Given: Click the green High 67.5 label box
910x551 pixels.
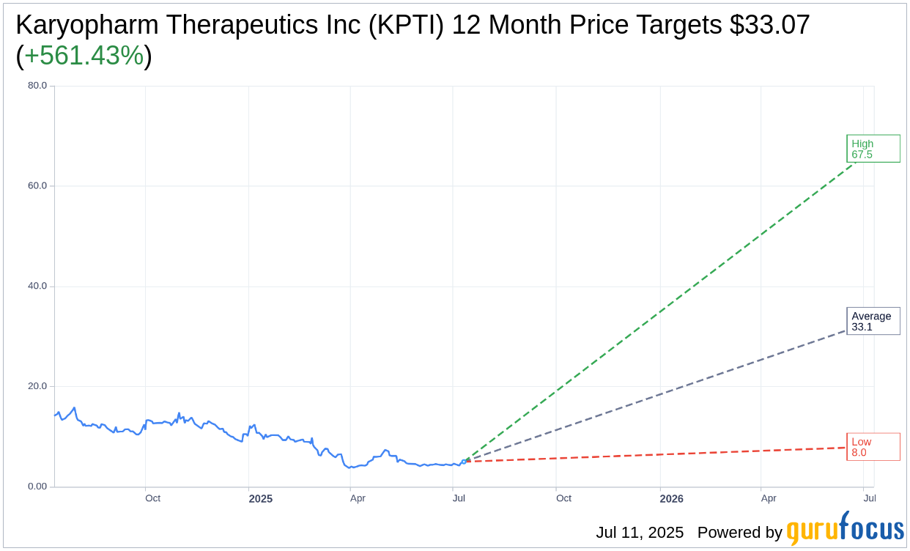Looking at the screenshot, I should (x=873, y=149).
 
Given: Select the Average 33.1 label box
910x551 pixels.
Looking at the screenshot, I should (x=873, y=321).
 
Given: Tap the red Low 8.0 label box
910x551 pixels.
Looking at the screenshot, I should (x=873, y=447).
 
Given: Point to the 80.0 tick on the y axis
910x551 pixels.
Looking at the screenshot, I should (x=37, y=85).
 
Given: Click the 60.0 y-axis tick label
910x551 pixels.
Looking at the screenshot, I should (x=37, y=185).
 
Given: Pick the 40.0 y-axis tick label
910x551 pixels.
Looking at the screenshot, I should (x=37, y=286).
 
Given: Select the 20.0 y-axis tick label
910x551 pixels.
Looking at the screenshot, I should (x=37, y=386).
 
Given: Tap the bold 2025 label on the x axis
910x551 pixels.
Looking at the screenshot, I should (x=260, y=499).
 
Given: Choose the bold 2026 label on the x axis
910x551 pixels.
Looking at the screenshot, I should (x=671, y=499).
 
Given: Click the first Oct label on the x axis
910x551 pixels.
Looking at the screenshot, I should (x=152, y=498).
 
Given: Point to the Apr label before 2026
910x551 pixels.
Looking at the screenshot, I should (x=358, y=498).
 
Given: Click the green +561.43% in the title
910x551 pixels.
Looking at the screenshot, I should (x=84, y=56).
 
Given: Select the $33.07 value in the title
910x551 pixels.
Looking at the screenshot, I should (x=769, y=25).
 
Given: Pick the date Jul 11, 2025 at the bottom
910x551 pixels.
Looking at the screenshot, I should (x=640, y=533).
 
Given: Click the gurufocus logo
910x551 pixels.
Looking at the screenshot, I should (x=845, y=529).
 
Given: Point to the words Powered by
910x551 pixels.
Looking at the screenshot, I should (x=739, y=533).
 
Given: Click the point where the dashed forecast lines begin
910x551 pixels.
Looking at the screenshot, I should (x=464, y=461).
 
